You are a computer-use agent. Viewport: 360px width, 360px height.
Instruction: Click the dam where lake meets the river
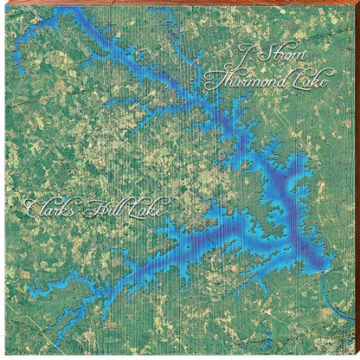point(318,270)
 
